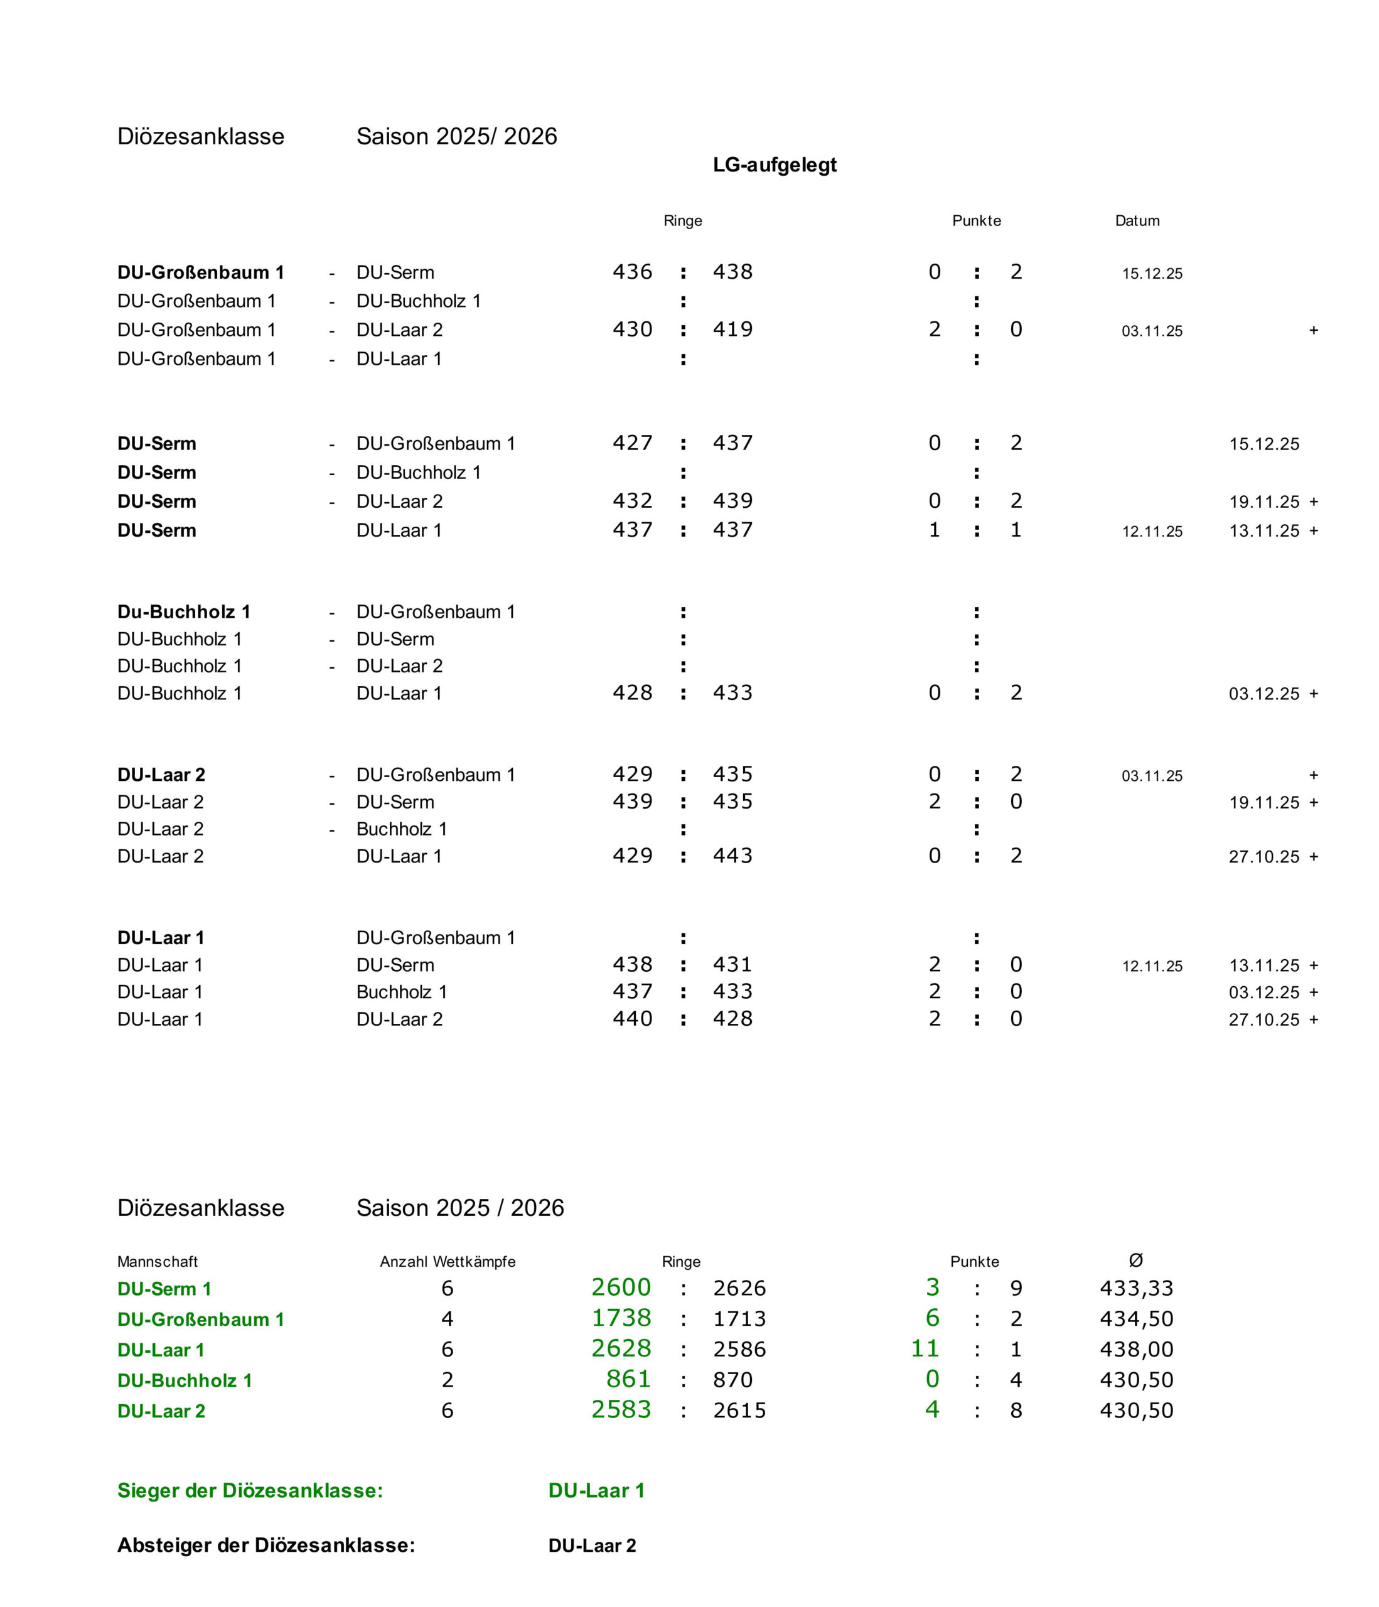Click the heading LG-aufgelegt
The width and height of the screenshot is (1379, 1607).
point(774,164)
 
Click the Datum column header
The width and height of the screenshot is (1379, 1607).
point(1136,221)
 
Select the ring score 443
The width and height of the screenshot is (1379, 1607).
point(732,856)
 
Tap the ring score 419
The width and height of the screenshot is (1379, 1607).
point(732,330)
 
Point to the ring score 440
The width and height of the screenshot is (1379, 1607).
point(632,1018)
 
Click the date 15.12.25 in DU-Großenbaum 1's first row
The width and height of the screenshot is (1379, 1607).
point(1152,274)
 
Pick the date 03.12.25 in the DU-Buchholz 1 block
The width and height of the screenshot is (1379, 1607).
point(1264,694)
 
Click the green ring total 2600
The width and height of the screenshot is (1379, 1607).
point(621,1287)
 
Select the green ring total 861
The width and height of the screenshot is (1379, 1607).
point(628,1379)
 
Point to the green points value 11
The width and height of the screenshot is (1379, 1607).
point(925,1348)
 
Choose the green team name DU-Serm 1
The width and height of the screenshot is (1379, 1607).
point(164,1289)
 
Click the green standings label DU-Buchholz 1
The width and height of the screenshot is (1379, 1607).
point(185,1380)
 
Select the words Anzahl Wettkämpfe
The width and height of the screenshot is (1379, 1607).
point(448,1262)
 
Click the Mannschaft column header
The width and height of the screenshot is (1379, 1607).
point(158,1262)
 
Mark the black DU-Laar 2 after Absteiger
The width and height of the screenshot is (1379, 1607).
point(592,1545)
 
